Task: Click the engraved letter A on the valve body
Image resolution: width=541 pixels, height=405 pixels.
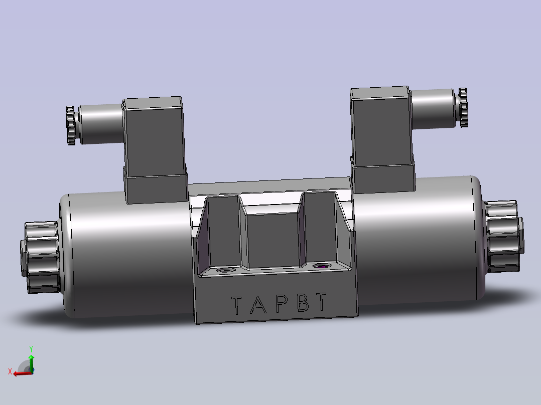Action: pyautogui.click(x=258, y=305)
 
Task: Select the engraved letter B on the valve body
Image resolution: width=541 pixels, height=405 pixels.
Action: pyautogui.click(x=303, y=302)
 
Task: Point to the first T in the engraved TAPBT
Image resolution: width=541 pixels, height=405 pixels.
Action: pyautogui.click(x=236, y=305)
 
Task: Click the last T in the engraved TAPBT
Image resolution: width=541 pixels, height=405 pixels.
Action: pyautogui.click(x=321, y=301)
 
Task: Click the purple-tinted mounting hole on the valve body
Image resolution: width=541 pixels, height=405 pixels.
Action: pyautogui.click(x=322, y=266)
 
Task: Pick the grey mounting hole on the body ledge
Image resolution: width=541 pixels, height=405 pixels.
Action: pyautogui.click(x=225, y=270)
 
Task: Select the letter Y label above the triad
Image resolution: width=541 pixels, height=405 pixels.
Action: pyautogui.click(x=31, y=349)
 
